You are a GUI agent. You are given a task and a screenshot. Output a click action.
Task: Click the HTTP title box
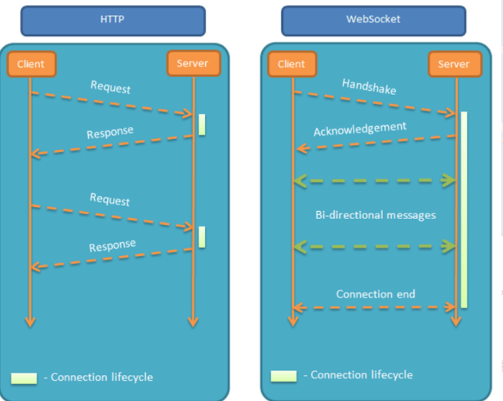click(113, 20)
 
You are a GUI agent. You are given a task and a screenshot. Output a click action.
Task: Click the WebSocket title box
click(373, 20)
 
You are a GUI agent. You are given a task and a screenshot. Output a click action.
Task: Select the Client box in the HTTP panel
click(31, 64)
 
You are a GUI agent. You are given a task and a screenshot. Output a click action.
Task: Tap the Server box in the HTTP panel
click(193, 64)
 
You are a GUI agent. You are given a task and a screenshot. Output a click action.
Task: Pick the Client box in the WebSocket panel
click(291, 64)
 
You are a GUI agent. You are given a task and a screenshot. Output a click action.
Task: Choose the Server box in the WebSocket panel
click(453, 64)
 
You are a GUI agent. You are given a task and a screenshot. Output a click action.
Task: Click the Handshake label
click(369, 87)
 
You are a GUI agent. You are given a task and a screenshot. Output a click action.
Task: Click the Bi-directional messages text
click(376, 215)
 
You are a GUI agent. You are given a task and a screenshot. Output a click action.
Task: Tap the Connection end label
click(376, 294)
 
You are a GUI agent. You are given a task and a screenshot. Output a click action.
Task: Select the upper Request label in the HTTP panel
click(111, 87)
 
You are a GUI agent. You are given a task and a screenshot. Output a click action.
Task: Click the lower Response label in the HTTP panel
click(112, 245)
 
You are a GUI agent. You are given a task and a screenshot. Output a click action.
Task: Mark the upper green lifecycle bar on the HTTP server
click(202, 124)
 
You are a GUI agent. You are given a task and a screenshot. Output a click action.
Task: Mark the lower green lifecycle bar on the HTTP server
click(202, 237)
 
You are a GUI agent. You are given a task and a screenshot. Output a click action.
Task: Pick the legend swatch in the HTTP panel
click(24, 378)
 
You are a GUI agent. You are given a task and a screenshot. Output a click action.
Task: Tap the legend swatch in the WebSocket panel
click(284, 376)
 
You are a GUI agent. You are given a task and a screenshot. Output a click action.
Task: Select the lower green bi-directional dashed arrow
click(374, 247)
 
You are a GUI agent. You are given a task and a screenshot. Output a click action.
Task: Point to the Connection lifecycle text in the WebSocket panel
click(361, 375)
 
